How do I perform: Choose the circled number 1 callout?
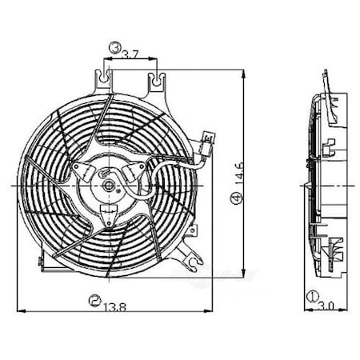(x=310, y=297)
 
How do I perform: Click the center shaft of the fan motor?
(x=109, y=185)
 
